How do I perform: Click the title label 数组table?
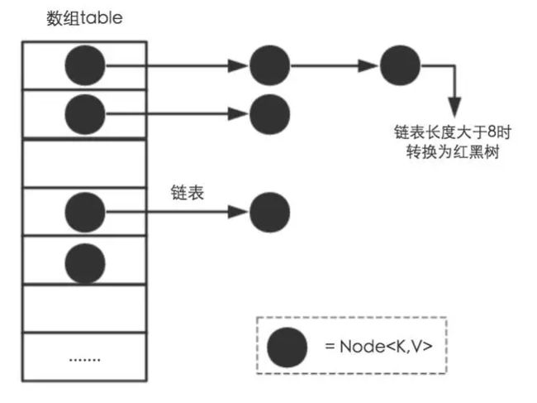click(x=84, y=18)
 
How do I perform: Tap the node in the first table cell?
click(x=85, y=65)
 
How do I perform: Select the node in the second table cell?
click(x=85, y=114)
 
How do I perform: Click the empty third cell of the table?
click(x=84, y=163)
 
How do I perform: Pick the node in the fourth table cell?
click(x=85, y=213)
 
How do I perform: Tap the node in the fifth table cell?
click(x=85, y=263)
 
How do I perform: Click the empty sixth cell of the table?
click(x=84, y=309)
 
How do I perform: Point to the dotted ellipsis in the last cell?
click(x=84, y=360)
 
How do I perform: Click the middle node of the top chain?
click(x=270, y=65)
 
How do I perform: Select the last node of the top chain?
click(x=400, y=65)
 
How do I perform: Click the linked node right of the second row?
click(x=270, y=114)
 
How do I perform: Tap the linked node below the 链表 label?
click(x=270, y=213)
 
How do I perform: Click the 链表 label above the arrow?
click(x=188, y=193)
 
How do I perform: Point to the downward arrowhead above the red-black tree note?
click(x=454, y=108)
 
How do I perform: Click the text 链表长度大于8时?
click(x=453, y=132)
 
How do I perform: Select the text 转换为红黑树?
click(x=453, y=151)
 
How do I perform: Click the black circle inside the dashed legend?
click(x=287, y=347)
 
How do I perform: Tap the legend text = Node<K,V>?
click(x=378, y=347)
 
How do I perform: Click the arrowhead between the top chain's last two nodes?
click(x=368, y=65)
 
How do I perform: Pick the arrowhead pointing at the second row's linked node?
click(x=238, y=114)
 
